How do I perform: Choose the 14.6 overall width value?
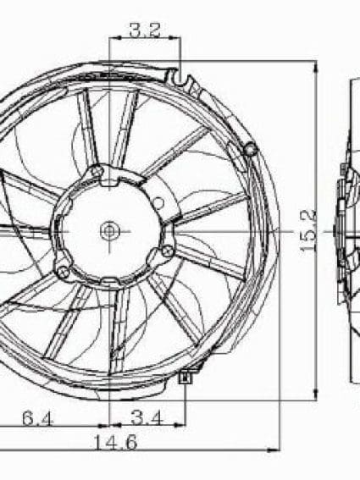[116, 441]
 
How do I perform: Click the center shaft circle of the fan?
[110, 229]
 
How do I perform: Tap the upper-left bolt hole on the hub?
[97, 174]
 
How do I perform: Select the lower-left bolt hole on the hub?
[62, 272]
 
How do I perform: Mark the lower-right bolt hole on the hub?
[168, 251]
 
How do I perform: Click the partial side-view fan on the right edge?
[348, 229]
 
